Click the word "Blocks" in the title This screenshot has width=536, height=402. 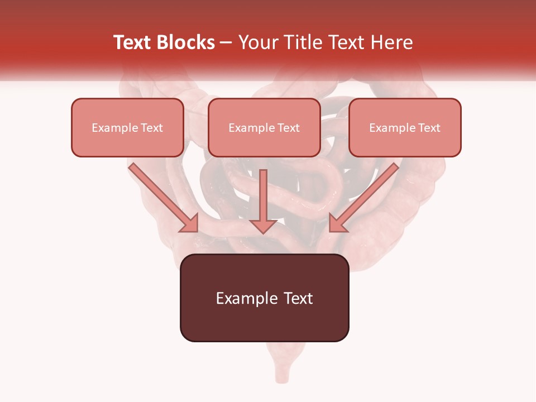185,42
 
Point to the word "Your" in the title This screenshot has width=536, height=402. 257,42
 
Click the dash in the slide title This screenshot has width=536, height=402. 226,43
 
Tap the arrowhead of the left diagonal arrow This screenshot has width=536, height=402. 190,224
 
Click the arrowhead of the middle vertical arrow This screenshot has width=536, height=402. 263,225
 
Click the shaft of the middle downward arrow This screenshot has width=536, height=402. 263,193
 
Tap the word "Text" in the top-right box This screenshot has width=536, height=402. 429,128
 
